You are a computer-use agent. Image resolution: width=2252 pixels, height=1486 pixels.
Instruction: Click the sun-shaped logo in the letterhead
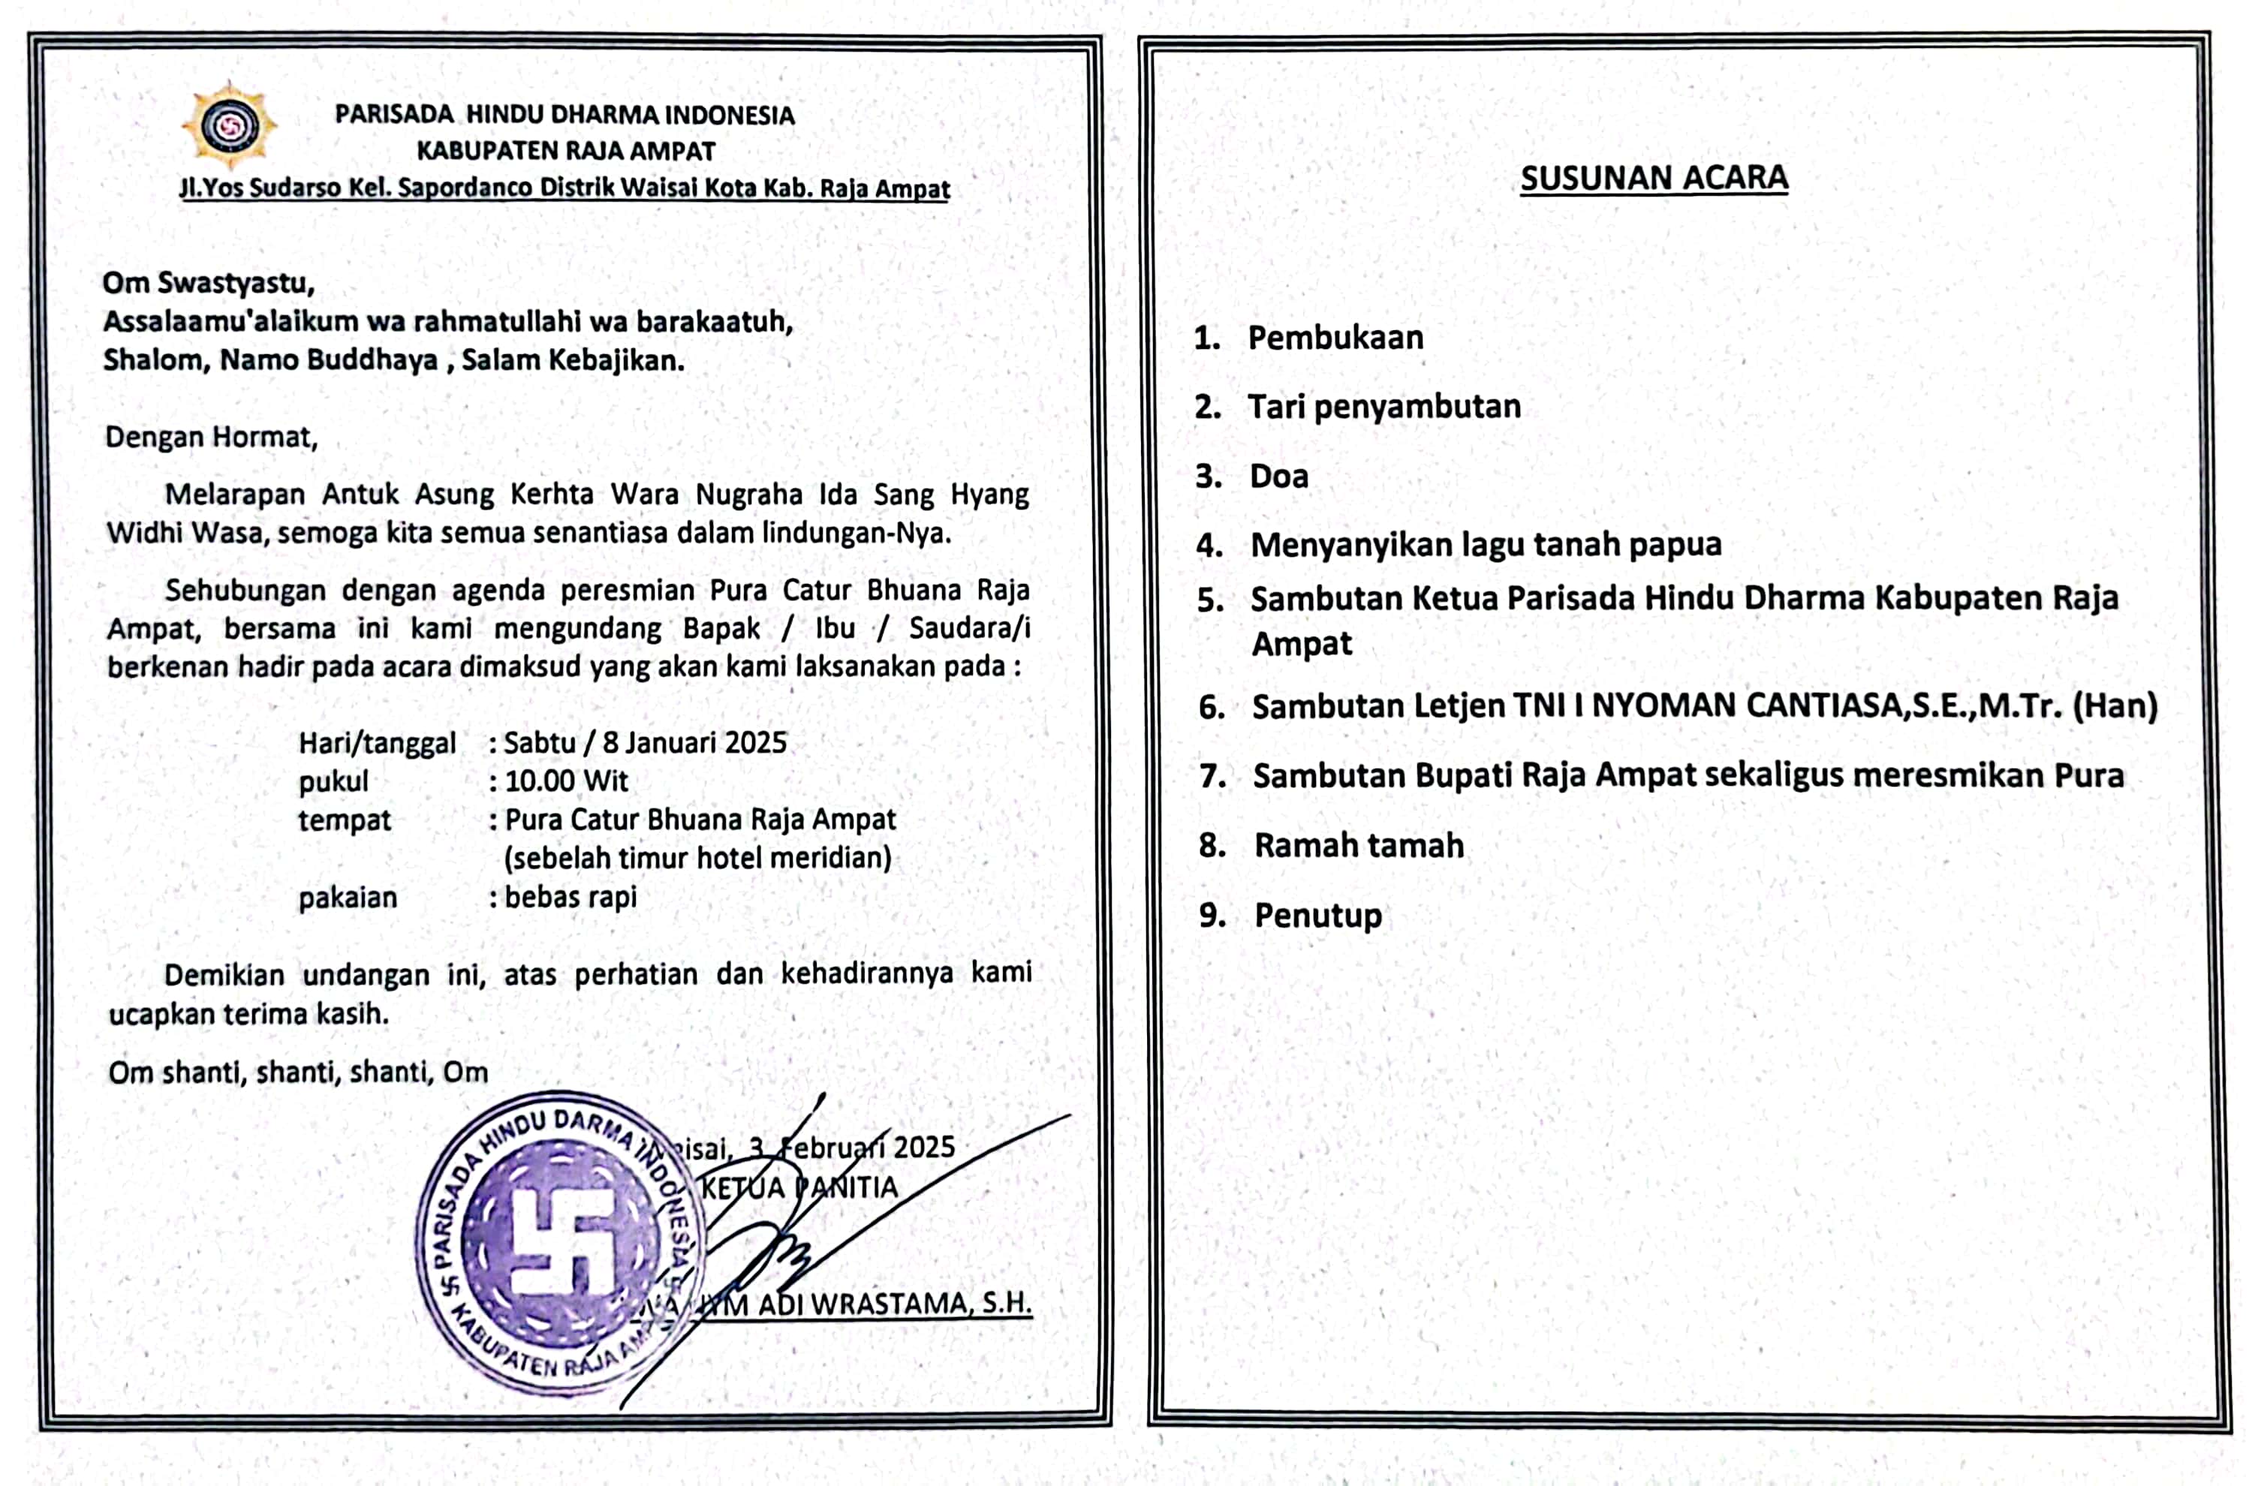[228, 126]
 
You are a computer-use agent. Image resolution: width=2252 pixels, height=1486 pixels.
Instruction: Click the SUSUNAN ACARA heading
[1654, 178]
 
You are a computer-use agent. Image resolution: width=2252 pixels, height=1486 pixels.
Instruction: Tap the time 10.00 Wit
[566, 781]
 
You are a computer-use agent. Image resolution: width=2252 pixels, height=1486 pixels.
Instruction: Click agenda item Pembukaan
[1335, 338]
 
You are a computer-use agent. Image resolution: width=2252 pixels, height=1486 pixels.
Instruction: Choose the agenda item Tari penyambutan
[1383, 407]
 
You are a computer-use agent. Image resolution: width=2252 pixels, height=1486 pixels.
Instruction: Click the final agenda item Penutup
[1317, 916]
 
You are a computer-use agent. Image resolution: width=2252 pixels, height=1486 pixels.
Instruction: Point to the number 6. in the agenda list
[1212, 707]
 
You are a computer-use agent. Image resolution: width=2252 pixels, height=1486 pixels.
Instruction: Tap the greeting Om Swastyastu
[208, 282]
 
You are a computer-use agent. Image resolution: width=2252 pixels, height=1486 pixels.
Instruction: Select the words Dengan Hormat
[210, 437]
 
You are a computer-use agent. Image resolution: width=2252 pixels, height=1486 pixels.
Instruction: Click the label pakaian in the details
[347, 898]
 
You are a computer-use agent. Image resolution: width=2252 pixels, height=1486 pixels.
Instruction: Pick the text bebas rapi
[570, 897]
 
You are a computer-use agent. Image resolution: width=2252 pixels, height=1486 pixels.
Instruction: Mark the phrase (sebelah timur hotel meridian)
[697, 858]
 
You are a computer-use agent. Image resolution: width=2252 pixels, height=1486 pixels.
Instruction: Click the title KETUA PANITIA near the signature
[799, 1187]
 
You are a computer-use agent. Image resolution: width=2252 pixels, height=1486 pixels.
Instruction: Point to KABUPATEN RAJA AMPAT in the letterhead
[566, 151]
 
